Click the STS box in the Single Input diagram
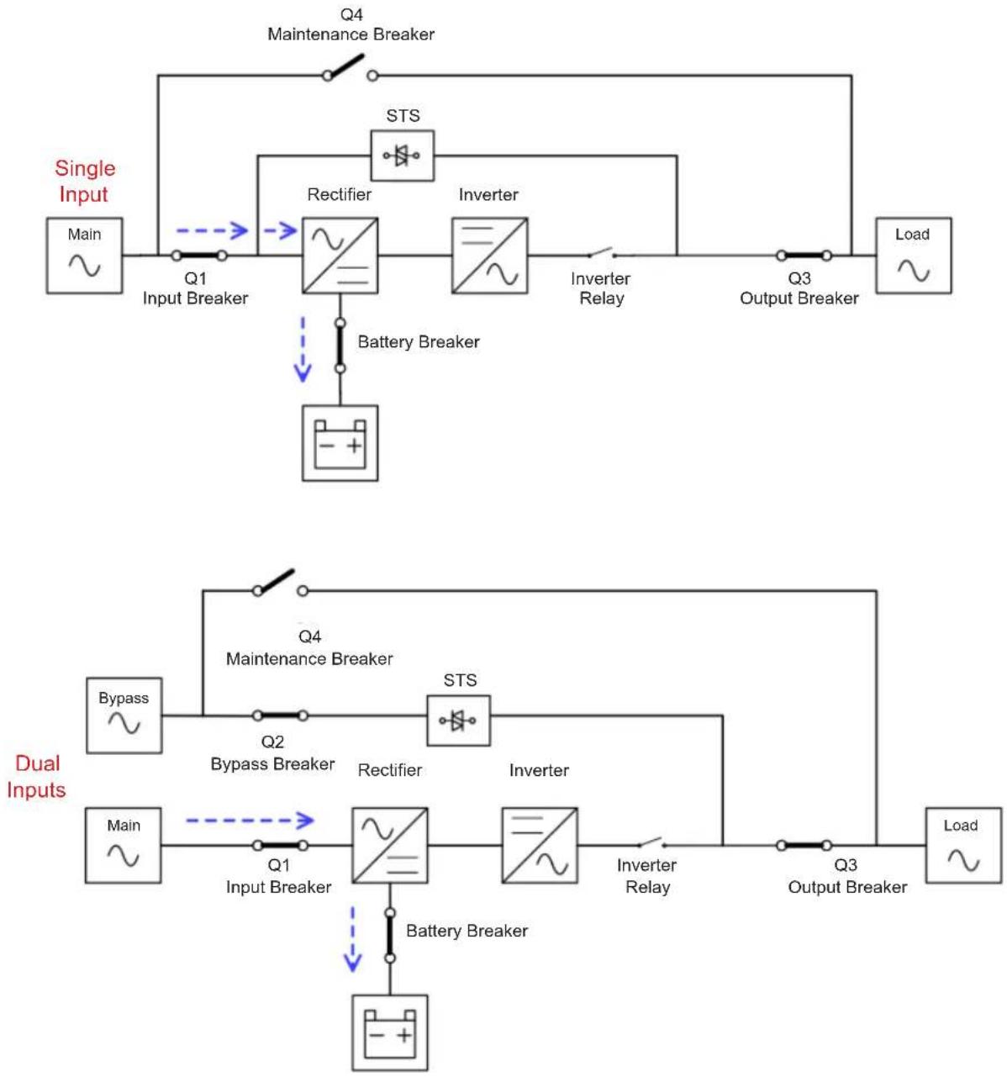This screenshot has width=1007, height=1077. point(402,155)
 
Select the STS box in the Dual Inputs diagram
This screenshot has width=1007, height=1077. point(459,721)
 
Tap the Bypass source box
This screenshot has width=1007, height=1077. point(124,715)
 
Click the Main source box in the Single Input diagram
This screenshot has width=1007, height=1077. point(84,256)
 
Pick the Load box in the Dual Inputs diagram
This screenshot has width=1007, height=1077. point(963,845)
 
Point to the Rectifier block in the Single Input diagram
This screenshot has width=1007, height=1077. point(340,256)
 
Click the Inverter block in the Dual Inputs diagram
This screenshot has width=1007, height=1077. point(540,845)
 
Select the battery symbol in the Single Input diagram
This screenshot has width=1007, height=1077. point(340,443)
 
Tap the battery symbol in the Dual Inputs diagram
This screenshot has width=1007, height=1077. point(390,1032)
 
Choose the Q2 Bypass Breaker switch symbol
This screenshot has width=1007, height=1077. point(281,715)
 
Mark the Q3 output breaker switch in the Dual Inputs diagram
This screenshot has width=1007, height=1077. point(804,845)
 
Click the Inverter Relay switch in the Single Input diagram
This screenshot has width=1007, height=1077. point(602,253)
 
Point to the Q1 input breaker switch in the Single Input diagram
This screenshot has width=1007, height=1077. point(199,255)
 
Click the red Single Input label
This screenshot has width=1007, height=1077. point(85,181)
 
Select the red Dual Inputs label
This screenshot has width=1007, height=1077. point(36,776)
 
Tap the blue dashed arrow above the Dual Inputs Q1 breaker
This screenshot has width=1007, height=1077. point(250,820)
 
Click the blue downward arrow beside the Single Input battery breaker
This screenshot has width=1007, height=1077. point(303,350)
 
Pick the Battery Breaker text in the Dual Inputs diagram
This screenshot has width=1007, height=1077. point(467,931)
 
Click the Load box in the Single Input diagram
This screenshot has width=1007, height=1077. point(913,256)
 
